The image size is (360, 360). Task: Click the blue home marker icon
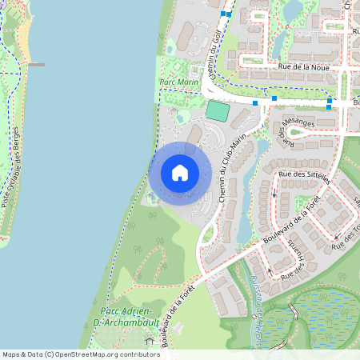click(x=180, y=173)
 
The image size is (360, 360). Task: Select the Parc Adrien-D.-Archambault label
click(x=126, y=315)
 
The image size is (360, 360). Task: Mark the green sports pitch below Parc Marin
click(x=217, y=111)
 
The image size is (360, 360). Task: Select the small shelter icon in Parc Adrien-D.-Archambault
click(x=149, y=342)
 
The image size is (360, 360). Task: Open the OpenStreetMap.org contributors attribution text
click(x=104, y=354)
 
